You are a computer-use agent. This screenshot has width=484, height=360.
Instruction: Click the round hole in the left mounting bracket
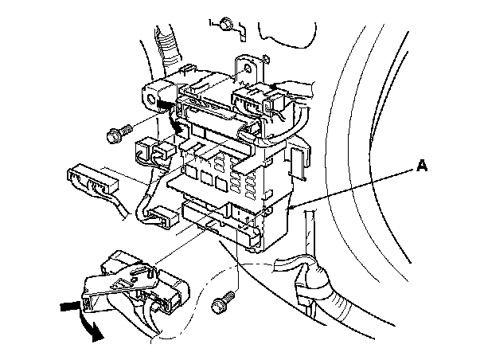[x=150, y=101]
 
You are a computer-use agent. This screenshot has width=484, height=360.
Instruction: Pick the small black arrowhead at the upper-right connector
[x=275, y=86]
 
